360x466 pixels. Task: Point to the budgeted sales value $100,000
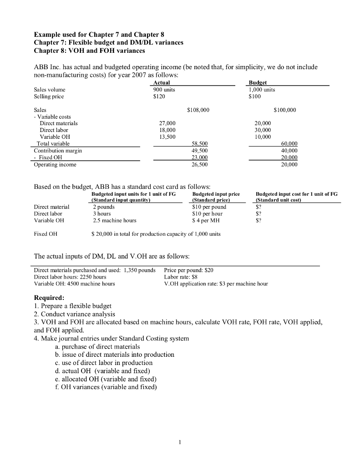(285, 110)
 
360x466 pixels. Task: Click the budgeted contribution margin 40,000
(287, 150)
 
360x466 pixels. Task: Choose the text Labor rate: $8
(181, 277)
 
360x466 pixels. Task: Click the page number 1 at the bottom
(180, 441)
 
